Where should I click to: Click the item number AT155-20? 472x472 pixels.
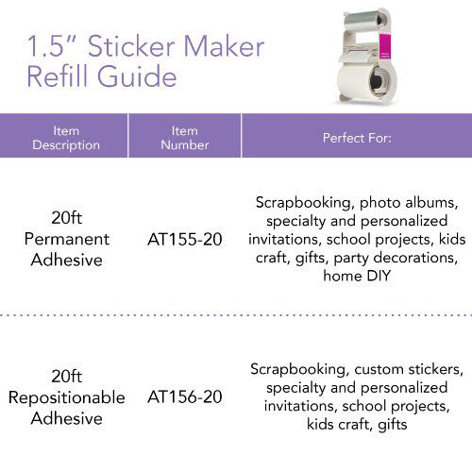(185, 239)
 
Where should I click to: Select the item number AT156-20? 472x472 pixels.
(185, 396)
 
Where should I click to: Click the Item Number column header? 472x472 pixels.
(185, 138)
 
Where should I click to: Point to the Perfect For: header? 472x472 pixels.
(357, 138)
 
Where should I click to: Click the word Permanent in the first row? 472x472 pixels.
(66, 239)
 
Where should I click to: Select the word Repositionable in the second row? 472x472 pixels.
(66, 397)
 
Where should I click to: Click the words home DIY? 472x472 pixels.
(357, 278)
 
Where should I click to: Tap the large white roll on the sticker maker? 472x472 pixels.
(358, 79)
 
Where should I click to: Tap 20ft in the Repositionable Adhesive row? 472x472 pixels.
(66, 376)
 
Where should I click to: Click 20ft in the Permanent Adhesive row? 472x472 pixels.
(66, 217)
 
